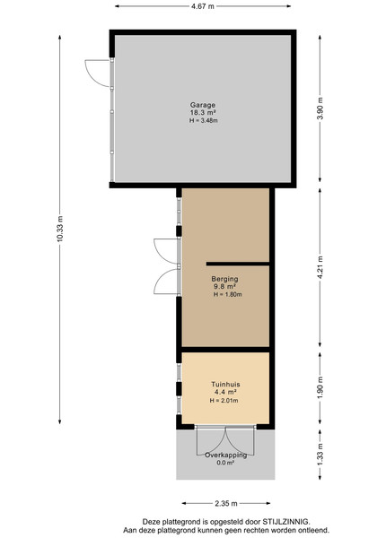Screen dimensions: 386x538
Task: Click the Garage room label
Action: pos(203,105)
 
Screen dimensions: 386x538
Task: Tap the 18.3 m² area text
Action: pos(203,113)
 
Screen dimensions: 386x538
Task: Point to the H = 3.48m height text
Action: pos(203,120)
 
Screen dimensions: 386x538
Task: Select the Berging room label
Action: pos(225,279)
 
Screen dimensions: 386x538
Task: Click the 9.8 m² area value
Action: pos(225,287)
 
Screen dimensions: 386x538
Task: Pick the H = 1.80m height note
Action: pos(228,294)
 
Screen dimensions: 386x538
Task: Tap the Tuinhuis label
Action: pos(225,385)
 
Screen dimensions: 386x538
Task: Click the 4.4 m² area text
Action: pos(225,392)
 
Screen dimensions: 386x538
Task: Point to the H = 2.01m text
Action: pos(224,401)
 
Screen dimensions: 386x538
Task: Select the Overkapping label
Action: pos(226,456)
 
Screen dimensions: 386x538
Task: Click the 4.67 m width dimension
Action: pos(203,6)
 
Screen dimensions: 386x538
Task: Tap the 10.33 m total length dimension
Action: pos(60,229)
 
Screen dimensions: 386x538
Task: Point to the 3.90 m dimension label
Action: pos(320,108)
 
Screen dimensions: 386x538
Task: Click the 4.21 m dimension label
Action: pos(320,267)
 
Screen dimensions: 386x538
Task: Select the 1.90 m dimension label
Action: pos(320,387)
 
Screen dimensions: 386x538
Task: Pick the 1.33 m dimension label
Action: pos(320,455)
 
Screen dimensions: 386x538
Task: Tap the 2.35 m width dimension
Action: pos(226,503)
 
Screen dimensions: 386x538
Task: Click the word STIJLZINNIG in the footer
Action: pos(286,522)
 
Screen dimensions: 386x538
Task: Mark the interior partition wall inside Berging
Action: pos(238,264)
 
